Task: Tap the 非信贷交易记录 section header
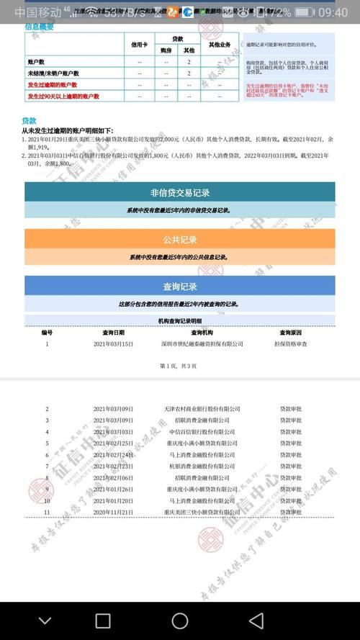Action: coord(179,192)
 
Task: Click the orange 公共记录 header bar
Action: coord(179,239)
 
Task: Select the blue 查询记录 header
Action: coord(179,286)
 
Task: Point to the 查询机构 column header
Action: coord(202,333)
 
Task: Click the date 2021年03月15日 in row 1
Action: coord(114,344)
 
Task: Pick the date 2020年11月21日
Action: coord(114,512)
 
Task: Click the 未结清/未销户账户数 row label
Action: coord(53,73)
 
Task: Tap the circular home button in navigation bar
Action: coord(179,621)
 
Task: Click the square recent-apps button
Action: coord(103,621)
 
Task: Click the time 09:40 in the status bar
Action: coord(332,12)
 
